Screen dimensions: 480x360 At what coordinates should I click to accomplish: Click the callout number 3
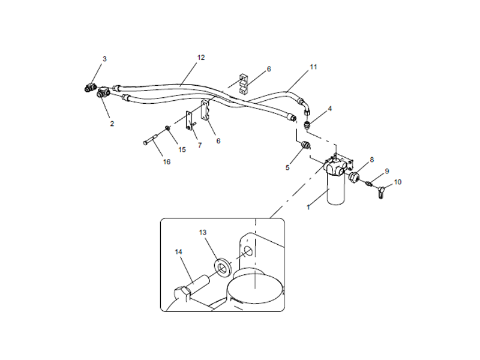104,59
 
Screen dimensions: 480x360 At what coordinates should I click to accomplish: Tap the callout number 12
201,58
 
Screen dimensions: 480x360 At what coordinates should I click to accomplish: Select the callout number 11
313,67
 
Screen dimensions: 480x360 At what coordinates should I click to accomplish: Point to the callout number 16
167,161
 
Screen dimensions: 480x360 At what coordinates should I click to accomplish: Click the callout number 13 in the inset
203,233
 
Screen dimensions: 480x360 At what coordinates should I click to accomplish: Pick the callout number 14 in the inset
178,251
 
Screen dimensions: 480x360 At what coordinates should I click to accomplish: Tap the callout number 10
398,182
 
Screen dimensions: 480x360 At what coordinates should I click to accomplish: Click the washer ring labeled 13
223,267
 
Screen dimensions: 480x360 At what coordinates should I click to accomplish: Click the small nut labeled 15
168,128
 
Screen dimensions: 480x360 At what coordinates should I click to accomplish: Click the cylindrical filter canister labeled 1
336,187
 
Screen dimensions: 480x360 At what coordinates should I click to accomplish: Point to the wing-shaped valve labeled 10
380,191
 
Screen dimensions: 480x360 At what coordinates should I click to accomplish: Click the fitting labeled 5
305,145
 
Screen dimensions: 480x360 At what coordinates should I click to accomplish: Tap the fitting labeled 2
103,92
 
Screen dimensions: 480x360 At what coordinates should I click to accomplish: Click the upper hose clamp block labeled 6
243,83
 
